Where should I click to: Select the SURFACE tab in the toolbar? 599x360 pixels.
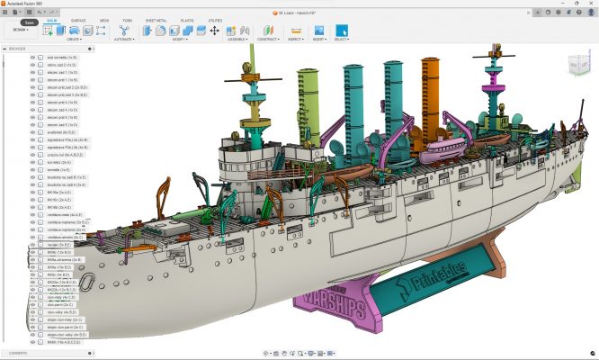coord(79,18)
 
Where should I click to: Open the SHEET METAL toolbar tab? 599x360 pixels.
coord(156,18)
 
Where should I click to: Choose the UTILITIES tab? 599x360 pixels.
coord(214,18)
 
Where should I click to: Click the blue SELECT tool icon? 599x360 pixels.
coord(342,30)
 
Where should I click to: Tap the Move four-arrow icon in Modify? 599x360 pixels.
coord(215,30)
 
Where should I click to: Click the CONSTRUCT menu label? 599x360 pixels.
coord(268,40)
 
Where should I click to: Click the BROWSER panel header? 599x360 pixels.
coord(18,49)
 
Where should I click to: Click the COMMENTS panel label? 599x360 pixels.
coord(19,352)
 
